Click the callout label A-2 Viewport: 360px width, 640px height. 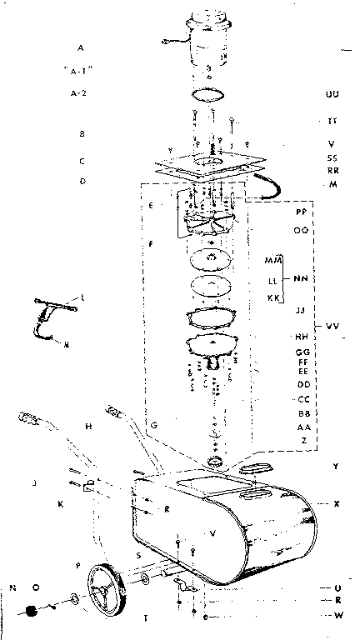coord(80,92)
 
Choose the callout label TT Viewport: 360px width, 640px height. coord(332,121)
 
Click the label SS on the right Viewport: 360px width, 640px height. coord(332,157)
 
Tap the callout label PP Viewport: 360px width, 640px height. coord(301,212)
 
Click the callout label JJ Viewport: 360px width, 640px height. coord(301,310)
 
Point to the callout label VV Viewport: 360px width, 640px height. coord(332,325)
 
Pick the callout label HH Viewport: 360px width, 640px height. coord(301,337)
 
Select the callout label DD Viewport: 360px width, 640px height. coord(303,384)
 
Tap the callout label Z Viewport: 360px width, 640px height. coord(303,439)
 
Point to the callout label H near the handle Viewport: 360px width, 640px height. coord(87,426)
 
